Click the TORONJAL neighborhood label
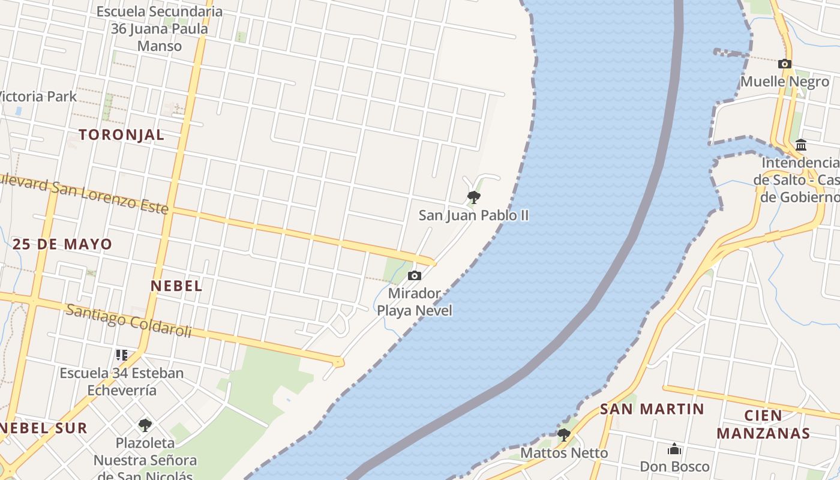click(x=121, y=135)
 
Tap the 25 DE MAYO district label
click(x=62, y=244)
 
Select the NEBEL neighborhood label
click(x=176, y=286)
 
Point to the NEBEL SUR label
click(x=44, y=428)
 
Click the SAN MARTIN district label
click(x=652, y=409)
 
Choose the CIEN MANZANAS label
click(x=763, y=424)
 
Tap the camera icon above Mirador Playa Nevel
click(x=414, y=276)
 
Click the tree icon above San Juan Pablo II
click(x=473, y=197)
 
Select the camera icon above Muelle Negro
click(x=784, y=64)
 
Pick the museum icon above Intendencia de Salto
click(x=800, y=145)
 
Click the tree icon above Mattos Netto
click(x=563, y=434)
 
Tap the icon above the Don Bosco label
click(x=674, y=449)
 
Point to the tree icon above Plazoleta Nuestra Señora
click(x=145, y=425)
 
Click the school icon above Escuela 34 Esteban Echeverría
click(x=122, y=355)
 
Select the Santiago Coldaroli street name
click(x=128, y=320)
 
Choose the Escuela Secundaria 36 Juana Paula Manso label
click(x=159, y=28)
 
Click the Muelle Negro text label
click(x=785, y=82)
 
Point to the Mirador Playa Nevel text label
click(x=414, y=302)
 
